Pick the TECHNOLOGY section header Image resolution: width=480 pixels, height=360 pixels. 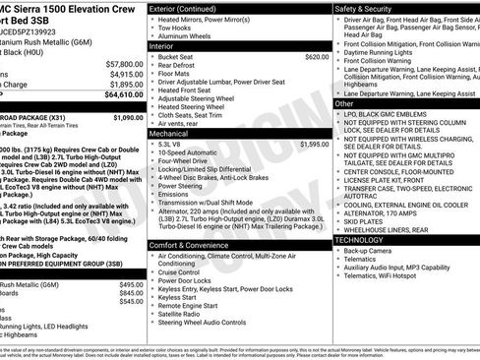[361, 239]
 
